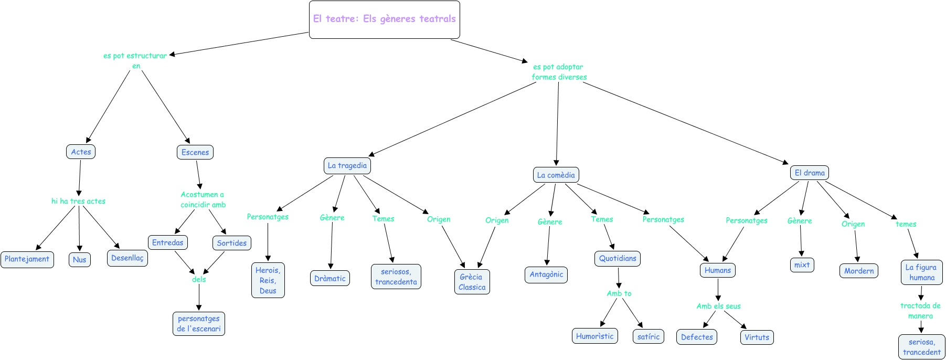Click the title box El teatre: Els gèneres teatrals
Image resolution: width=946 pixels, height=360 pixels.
[385, 19]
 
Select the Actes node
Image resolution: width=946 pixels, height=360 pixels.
[81, 152]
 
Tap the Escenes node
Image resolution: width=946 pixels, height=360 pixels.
[195, 152]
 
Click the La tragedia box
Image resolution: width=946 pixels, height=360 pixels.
[347, 166]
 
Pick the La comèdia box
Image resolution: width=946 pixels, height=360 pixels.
[556, 175]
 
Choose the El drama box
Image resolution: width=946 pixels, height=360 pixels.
[810, 173]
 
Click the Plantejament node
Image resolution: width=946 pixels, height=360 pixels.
[27, 259]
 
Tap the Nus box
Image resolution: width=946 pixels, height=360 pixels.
[80, 260]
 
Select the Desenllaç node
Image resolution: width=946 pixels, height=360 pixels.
[127, 258]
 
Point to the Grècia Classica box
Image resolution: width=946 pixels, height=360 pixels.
[472, 282]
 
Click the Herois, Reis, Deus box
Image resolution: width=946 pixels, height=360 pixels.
[268, 280]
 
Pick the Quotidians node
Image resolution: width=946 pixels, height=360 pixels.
[618, 259]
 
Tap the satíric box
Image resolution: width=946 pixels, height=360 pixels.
[649, 337]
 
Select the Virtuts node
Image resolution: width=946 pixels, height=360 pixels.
[757, 337]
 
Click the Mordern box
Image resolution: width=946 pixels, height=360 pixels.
[859, 271]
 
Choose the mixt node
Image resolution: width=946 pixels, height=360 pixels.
[802, 265]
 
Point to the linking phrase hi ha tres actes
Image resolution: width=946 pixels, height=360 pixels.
[78, 201]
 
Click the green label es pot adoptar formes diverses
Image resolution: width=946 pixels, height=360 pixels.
[559, 72]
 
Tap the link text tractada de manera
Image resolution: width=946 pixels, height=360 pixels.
[921, 311]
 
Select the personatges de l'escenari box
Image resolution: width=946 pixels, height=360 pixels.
[199, 324]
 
